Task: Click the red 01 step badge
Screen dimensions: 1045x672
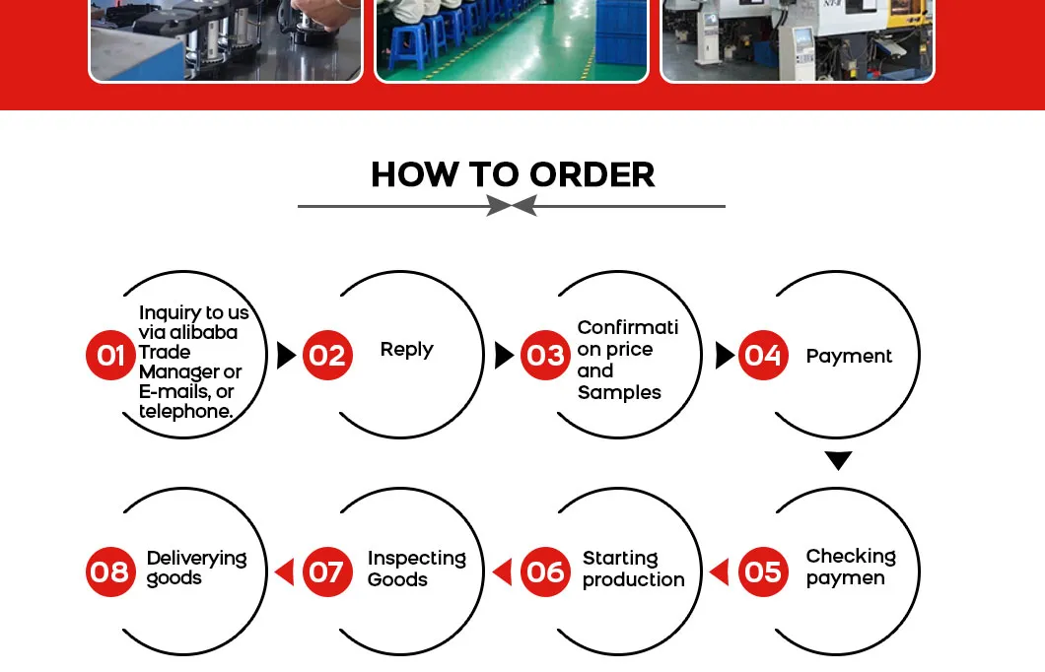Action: (110, 355)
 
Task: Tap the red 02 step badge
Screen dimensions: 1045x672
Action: (327, 355)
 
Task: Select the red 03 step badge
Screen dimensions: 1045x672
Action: (545, 355)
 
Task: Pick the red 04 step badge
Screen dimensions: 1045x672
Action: (763, 355)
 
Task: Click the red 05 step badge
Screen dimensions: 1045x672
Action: (763, 571)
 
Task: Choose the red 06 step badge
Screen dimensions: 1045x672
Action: (545, 571)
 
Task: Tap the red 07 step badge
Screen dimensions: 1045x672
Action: (327, 571)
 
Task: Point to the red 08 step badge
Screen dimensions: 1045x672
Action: (110, 571)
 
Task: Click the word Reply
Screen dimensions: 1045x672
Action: (406, 350)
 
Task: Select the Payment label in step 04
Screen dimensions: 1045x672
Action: (849, 357)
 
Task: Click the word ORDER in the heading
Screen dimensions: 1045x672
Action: (592, 174)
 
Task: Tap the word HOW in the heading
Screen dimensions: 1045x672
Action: (414, 174)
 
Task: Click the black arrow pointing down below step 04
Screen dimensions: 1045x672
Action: (838, 460)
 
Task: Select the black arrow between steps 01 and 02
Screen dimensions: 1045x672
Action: (286, 355)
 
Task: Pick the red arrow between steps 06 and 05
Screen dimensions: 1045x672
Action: (719, 572)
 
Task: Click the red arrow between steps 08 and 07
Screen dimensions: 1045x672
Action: (284, 572)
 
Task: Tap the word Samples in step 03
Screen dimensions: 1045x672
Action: (619, 393)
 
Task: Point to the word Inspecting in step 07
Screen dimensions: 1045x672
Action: (417, 558)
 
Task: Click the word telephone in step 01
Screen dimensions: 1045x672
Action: (184, 412)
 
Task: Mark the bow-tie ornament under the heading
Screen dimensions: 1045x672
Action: (512, 206)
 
